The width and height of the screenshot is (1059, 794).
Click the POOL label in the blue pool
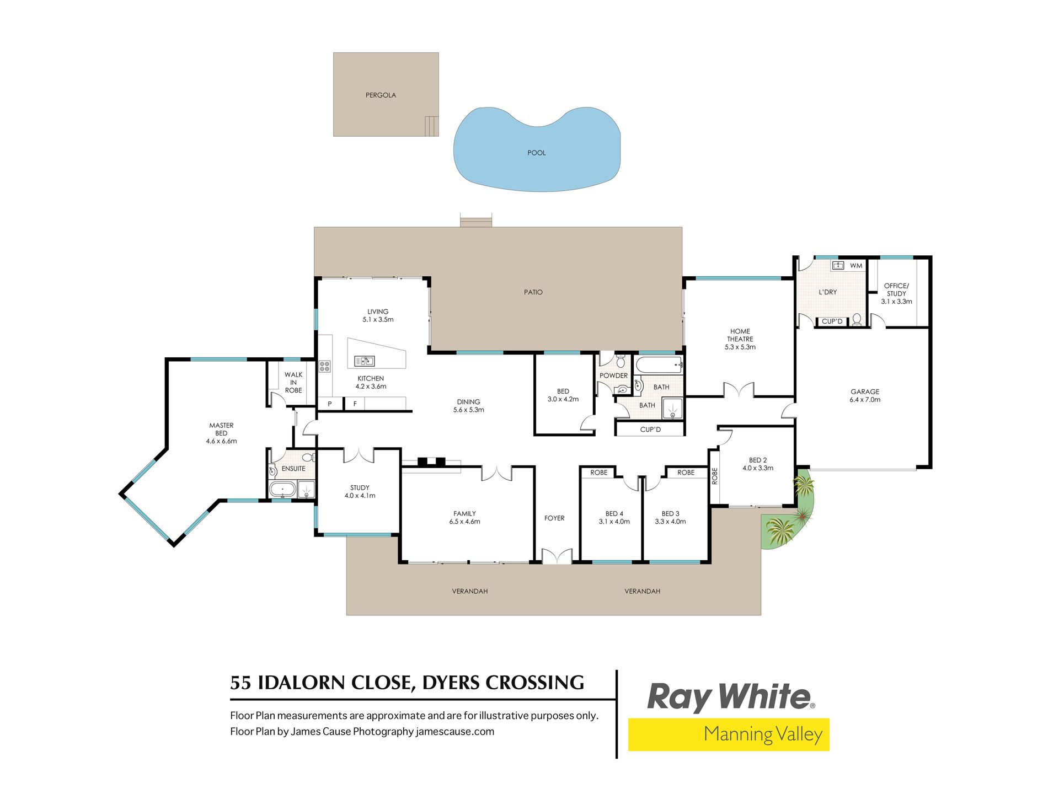point(536,153)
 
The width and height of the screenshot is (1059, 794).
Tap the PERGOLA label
point(381,95)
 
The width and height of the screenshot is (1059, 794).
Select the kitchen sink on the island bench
point(364,361)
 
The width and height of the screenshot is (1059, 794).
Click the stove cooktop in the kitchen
point(324,366)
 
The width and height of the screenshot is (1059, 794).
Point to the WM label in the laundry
point(856,266)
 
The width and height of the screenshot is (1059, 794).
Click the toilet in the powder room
point(621,361)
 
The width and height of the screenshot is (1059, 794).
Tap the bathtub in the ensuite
point(282,489)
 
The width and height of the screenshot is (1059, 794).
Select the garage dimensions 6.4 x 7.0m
point(865,400)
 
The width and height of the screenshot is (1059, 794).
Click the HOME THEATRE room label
point(740,335)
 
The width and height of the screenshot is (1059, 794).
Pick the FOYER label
point(554,518)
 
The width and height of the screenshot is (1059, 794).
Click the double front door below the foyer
point(557,556)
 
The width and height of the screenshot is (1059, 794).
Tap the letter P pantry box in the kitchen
point(330,404)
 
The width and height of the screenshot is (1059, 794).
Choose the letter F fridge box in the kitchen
point(355,404)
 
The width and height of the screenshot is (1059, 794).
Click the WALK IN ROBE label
point(293,383)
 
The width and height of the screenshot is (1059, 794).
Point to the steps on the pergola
point(431,126)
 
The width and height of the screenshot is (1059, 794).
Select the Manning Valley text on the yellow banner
point(763,734)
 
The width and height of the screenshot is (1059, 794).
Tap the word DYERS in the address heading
point(450,683)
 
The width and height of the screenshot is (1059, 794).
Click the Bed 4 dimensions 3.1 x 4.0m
point(614,522)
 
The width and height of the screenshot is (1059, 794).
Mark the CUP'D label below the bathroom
point(650,430)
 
